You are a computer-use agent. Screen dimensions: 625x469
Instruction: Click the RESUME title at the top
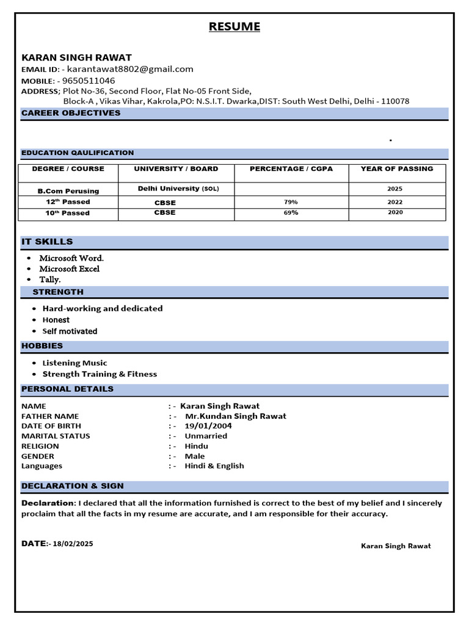pyautogui.click(x=234, y=26)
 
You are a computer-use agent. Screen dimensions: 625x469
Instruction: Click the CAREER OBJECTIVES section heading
pyautogui.click(x=71, y=113)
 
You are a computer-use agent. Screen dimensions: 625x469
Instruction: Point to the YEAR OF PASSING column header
pyautogui.click(x=396, y=168)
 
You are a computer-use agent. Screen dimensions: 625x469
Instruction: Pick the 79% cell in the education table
pyautogui.click(x=291, y=201)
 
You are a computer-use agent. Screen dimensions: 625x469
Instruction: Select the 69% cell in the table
pyautogui.click(x=291, y=212)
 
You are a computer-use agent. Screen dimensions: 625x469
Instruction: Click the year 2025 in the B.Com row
pyautogui.click(x=395, y=189)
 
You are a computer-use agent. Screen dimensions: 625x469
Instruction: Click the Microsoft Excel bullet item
pyautogui.click(x=69, y=269)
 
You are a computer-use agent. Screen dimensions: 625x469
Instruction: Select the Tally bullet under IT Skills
pyautogui.click(x=50, y=280)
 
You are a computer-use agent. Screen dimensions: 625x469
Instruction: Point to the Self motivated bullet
pyautogui.click(x=70, y=331)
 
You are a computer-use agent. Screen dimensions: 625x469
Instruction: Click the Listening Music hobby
pyautogui.click(x=75, y=363)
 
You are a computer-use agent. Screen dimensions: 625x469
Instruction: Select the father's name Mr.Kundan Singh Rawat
pyautogui.click(x=235, y=416)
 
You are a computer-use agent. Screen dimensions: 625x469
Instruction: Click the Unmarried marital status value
pyautogui.click(x=206, y=436)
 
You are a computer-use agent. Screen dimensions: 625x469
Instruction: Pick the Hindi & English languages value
pyautogui.click(x=214, y=466)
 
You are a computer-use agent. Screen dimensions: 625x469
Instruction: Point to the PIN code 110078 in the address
pyautogui.click(x=395, y=101)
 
